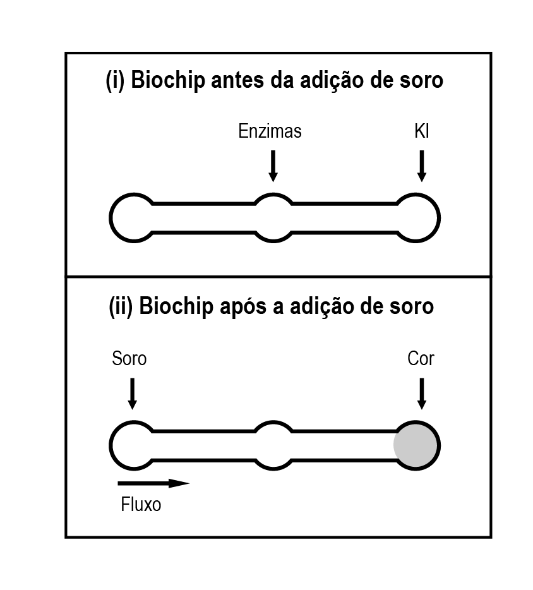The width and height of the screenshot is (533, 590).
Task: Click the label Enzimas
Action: coord(270,131)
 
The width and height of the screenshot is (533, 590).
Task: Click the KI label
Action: coord(422,131)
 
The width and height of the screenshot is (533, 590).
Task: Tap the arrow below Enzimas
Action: coord(273,166)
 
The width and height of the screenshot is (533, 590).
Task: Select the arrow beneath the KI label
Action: coord(422,166)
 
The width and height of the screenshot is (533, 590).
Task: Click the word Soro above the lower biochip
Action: coord(129,359)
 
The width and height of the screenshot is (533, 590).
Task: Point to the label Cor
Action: coord(421,359)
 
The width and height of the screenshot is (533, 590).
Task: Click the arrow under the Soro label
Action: coord(132,394)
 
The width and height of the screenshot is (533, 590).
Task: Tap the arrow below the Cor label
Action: coord(422,394)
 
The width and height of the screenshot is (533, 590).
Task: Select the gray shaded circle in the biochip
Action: coord(416,445)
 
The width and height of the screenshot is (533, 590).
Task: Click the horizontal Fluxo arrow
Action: coord(153,483)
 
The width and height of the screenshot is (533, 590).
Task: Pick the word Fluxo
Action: coord(141,504)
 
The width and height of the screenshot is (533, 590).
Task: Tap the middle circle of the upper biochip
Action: coord(273,195)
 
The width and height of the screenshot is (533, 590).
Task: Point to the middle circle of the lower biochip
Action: coord(273,423)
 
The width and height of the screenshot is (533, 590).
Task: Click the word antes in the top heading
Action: coord(237,80)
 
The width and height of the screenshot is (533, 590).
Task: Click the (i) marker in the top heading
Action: coord(115,80)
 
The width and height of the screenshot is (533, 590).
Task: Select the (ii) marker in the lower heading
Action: coord(121,306)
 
